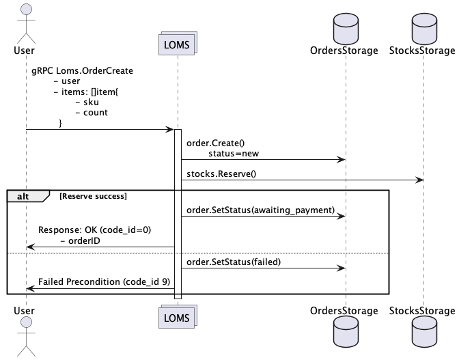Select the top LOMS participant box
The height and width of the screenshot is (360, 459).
coord(178,44)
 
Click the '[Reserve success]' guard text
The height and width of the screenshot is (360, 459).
coord(94,196)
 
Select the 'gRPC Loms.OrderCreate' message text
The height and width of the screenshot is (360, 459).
coord(82,70)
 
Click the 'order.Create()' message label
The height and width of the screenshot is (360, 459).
coord(215,143)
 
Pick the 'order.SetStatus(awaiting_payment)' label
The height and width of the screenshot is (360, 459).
coord(260,211)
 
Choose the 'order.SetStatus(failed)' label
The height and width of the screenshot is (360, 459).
coord(234,262)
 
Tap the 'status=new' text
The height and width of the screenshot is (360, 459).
coord(234,154)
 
